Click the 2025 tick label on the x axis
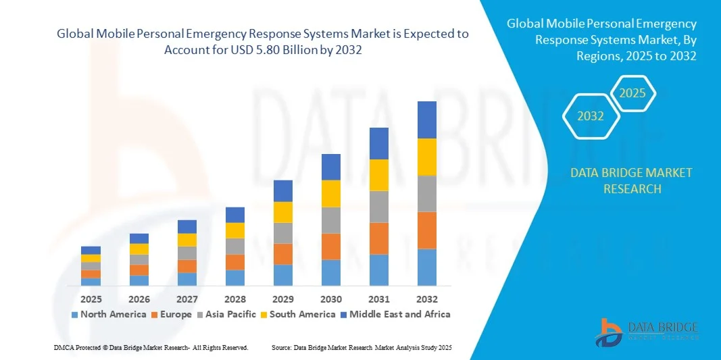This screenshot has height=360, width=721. pos(91,299)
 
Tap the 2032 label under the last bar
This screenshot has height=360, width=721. pos(426,299)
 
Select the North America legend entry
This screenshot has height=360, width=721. pos(108,314)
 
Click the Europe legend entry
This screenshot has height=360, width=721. pos(173,314)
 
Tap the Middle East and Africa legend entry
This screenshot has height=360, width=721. pos(396,314)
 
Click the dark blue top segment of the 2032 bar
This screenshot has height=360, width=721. pos(426,120)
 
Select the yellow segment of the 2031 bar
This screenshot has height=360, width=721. pos(378,175)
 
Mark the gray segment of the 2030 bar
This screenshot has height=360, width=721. pos(330,220)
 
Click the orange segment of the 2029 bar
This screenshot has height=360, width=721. pos(282,254)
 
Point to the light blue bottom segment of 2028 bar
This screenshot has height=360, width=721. pos(234,278)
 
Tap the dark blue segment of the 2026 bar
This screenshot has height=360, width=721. pos(139,238)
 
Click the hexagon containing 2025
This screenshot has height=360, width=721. pos(633,93)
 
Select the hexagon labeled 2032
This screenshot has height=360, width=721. pos(591,116)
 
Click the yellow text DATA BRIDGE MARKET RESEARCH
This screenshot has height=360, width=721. pos(631,180)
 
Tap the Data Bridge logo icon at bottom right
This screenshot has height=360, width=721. pos(610,332)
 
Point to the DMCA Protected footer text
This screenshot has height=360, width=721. pos(150,347)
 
